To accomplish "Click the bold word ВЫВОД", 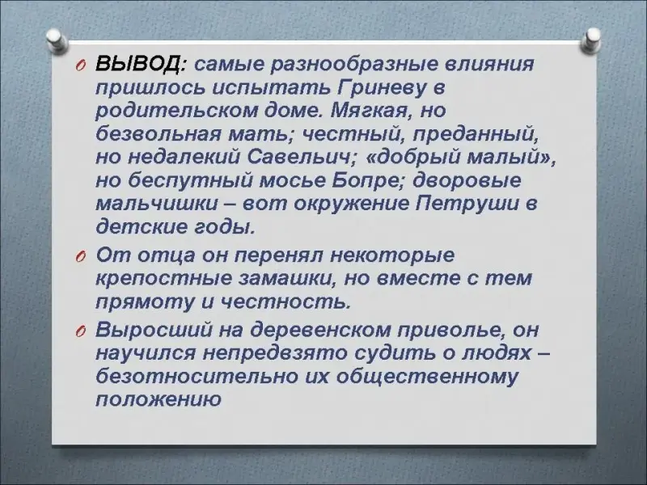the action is pos(139,65).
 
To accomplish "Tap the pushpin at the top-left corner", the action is pos(57,40).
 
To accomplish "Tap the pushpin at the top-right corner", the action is pos(592,40).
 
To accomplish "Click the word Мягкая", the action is pos(370,112).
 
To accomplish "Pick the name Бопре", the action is pos(367,182).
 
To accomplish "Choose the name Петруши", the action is pos(467,205).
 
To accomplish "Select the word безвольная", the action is pos(158,135).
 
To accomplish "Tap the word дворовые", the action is pos(467,182).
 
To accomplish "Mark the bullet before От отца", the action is pos(80,257).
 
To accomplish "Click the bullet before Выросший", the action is pos(80,332).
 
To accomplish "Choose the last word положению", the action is pos(159,400).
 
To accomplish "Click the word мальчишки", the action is pos(157,205).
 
